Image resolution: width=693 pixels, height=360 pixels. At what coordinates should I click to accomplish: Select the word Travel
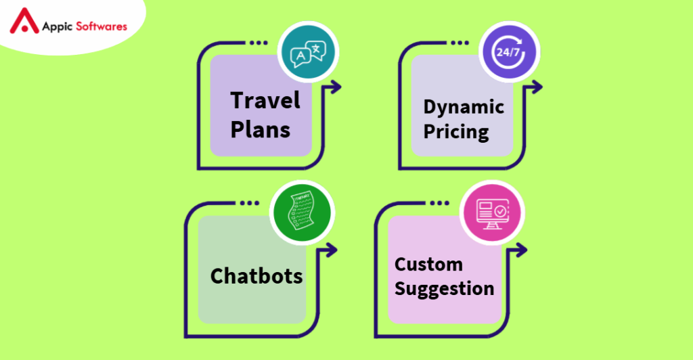pyautogui.click(x=265, y=101)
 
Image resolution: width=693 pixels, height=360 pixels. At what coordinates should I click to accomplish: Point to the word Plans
pyautogui.click(x=261, y=129)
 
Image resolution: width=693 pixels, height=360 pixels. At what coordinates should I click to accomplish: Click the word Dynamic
pyautogui.click(x=464, y=107)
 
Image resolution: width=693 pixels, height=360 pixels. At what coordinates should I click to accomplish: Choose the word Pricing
pyautogui.click(x=456, y=131)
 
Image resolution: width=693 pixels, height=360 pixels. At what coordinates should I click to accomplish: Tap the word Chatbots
pyautogui.click(x=256, y=276)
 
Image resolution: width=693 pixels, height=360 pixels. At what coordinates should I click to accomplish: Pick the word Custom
pyautogui.click(x=428, y=264)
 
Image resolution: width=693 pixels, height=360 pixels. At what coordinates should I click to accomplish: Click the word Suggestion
pyautogui.click(x=444, y=289)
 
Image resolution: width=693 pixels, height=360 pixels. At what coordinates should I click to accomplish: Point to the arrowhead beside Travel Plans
pyautogui.click(x=336, y=87)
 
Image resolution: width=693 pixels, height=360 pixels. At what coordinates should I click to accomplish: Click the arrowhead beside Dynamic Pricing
pyautogui.click(x=537, y=87)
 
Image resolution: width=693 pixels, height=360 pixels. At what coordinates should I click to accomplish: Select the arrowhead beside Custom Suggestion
pyautogui.click(x=522, y=250)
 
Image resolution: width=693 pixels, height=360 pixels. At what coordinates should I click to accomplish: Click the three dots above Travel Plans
pyautogui.click(x=259, y=43)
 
